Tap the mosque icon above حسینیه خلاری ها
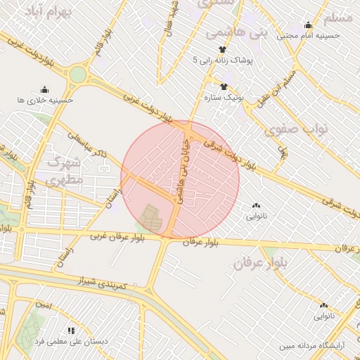point(45,89)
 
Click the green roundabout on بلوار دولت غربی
point(77,74)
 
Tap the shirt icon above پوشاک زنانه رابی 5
point(223,49)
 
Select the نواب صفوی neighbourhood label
point(292,129)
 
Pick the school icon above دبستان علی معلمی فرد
point(71,330)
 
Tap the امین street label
point(44,305)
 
